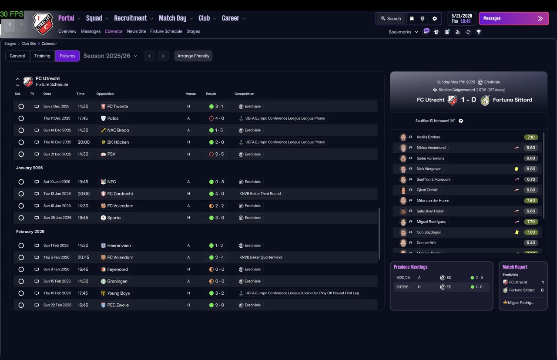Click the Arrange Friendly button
click(193, 56)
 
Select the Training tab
click(42, 56)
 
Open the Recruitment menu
click(131, 18)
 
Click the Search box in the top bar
click(391, 18)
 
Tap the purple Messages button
click(514, 18)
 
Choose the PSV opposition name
click(111, 154)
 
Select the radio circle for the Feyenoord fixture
click(21, 269)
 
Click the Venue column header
click(191, 94)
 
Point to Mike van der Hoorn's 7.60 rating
click(530, 201)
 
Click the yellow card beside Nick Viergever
click(517, 169)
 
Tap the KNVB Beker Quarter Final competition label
click(261, 257)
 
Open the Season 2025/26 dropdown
click(110, 56)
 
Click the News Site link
click(136, 31)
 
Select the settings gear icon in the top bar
click(435, 18)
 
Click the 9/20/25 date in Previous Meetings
click(403, 278)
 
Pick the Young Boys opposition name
click(118, 293)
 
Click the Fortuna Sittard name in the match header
click(513, 100)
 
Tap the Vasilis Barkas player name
click(428, 137)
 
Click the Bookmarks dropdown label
click(399, 32)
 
